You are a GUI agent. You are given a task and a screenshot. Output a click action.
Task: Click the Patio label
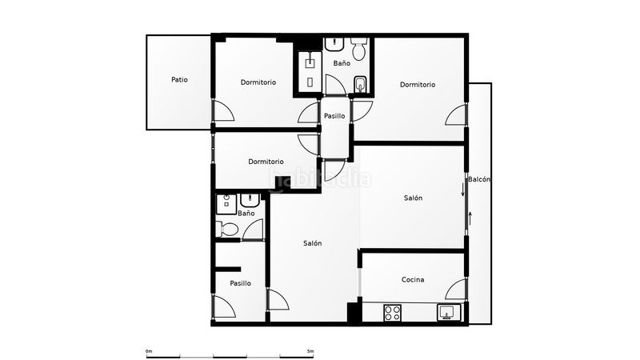(x=179, y=79)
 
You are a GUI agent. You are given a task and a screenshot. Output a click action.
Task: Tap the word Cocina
(x=413, y=279)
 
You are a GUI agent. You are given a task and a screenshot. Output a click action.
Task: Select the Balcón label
(x=479, y=179)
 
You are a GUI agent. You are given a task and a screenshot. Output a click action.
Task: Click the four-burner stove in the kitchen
(x=392, y=313)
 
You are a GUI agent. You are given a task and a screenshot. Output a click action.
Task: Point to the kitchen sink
(x=449, y=313)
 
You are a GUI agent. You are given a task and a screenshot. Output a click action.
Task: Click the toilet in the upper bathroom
(x=359, y=49)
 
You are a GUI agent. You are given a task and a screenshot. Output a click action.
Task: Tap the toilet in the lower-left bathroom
(x=226, y=229)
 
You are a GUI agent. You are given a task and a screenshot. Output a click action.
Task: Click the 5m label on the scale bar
(x=310, y=351)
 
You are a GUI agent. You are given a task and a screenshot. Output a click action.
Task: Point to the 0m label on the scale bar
(x=149, y=351)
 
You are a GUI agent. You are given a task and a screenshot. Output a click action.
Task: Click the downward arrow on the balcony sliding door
(x=463, y=190)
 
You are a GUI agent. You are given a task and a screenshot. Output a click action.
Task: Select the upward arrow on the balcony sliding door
(x=470, y=218)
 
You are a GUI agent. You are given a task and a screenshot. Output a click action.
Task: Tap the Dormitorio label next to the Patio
(x=258, y=82)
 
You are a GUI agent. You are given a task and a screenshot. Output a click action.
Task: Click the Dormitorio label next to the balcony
(x=418, y=85)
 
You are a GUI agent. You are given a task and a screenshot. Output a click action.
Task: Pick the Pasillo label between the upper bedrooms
(x=334, y=116)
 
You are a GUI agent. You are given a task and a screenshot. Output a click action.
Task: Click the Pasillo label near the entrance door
(x=241, y=283)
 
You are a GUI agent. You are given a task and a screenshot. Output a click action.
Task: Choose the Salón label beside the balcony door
(x=413, y=198)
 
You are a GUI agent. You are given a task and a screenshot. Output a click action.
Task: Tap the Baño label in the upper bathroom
(x=342, y=63)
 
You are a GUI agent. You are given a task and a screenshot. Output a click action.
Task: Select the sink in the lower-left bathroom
(x=250, y=200)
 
